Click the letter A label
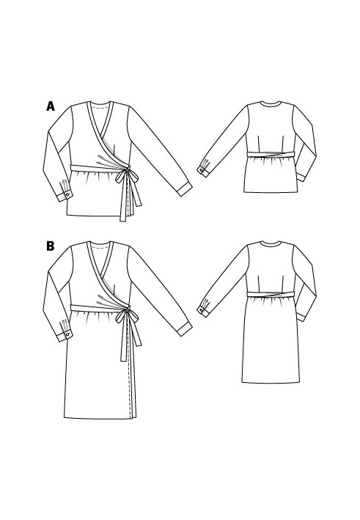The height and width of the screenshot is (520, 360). click(51, 106)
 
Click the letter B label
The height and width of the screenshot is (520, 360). click(51, 246)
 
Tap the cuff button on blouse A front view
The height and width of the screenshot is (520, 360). click(67, 194)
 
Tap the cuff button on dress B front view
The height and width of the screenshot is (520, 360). click(67, 334)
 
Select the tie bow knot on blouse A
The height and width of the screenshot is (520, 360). click(126, 171)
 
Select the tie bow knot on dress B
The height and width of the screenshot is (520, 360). click(126, 311)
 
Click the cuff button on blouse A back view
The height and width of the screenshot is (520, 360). click(201, 170)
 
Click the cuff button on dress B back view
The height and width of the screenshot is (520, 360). click(201, 310)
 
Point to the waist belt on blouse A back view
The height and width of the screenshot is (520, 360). click(271, 154)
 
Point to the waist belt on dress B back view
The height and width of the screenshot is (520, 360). click(271, 294)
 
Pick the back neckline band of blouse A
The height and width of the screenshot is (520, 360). click(271, 105)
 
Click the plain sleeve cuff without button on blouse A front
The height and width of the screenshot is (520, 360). click(184, 189)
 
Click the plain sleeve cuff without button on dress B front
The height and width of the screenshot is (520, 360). click(184, 329)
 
